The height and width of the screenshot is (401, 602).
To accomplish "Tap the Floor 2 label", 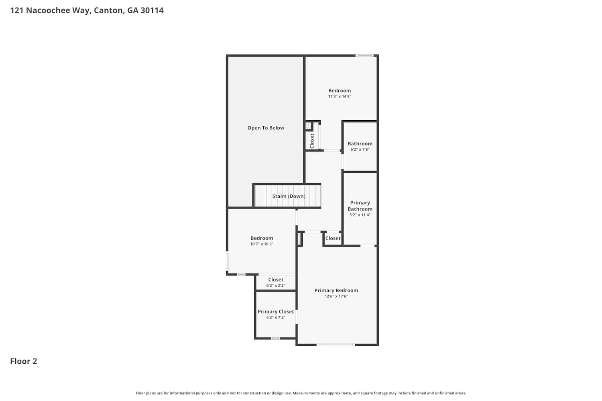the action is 24,361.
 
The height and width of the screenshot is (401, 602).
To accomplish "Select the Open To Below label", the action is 266,128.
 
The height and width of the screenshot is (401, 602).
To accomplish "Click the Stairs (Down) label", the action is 289,196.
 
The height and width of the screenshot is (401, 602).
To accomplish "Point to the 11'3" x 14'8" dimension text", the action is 340,96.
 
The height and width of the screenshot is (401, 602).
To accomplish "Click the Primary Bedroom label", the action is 336,290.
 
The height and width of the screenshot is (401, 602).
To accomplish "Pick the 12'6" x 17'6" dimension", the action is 336,296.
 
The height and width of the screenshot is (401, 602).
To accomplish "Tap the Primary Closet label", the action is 276,312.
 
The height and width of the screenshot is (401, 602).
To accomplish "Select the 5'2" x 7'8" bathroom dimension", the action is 360,149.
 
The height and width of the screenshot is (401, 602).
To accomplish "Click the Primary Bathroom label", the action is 360,206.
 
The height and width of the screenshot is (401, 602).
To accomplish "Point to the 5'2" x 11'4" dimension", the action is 360,215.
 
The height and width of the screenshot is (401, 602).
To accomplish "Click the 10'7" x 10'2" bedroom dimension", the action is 262,244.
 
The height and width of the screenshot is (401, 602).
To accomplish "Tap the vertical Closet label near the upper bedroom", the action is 312,141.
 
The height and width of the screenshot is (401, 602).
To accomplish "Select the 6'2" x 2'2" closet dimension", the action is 276,285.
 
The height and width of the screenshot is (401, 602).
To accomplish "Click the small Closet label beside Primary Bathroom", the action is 333,238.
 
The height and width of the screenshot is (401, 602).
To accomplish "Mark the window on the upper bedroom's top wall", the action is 364,56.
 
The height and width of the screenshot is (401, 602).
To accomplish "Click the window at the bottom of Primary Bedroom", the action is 336,344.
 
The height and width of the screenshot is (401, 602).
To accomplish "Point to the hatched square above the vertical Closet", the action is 308,126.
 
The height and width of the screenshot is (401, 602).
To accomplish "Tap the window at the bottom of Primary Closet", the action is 275,338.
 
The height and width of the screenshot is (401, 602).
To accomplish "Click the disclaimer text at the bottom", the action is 301,393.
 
